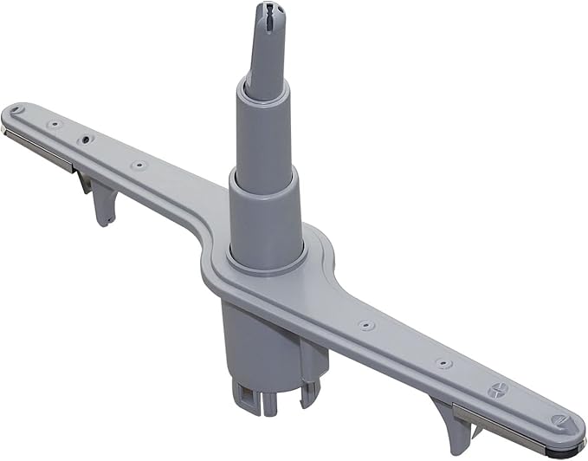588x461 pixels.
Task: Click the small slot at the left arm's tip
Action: [x=16, y=110]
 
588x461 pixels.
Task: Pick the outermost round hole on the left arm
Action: [x=54, y=124]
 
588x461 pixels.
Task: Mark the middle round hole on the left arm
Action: [x=87, y=139]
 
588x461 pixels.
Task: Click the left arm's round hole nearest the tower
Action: [x=134, y=165]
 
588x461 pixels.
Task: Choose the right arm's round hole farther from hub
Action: [x=443, y=364]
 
